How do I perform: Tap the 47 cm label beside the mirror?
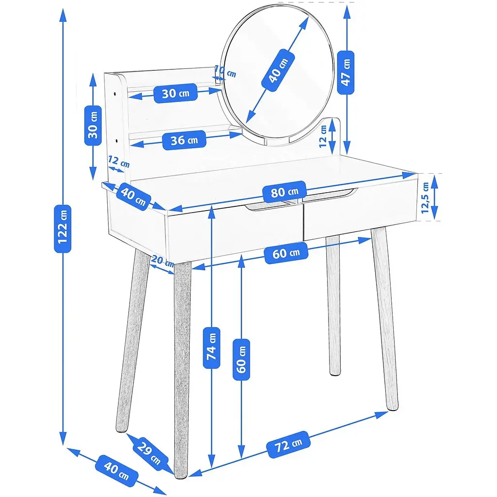[x=346, y=73]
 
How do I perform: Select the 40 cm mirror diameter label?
[x=278, y=70]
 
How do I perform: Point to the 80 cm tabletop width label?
[x=284, y=191]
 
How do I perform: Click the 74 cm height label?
[x=212, y=348]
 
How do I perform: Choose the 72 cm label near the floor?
[x=288, y=445]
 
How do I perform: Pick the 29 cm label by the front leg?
[x=149, y=453]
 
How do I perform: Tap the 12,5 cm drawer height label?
[x=425, y=198]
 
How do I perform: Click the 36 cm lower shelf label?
[x=184, y=140]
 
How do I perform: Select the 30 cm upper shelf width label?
[x=176, y=93]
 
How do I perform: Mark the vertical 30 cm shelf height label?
[x=93, y=126]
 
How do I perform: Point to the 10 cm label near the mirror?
[x=226, y=72]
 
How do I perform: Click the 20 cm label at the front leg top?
[x=162, y=261]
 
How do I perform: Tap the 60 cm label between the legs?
[x=286, y=253]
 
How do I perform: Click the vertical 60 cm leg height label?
[x=241, y=360]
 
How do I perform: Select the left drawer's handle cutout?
[x=266, y=206]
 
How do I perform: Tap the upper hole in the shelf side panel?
[x=115, y=94]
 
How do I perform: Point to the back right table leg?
[x=333, y=305]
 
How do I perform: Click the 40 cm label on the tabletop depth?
[x=133, y=197]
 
